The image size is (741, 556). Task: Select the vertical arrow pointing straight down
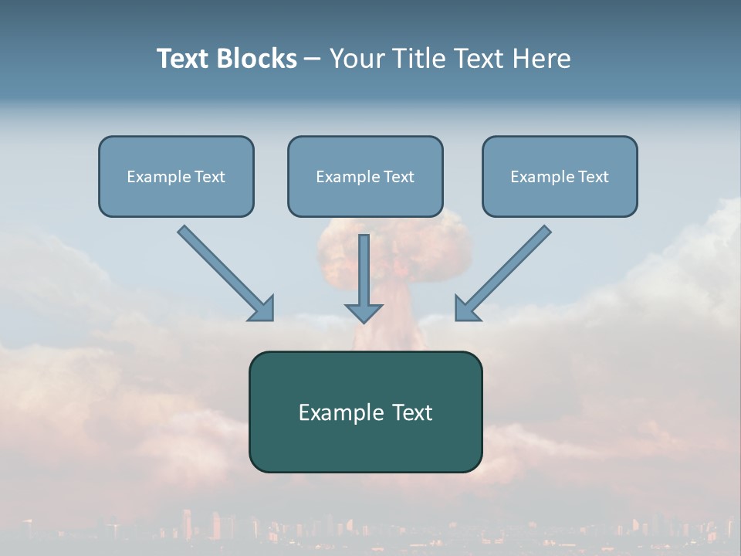[364, 270]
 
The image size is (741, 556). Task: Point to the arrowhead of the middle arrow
[364, 312]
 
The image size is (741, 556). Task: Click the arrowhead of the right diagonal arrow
[465, 308]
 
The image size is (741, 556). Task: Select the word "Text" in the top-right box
[594, 177]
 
